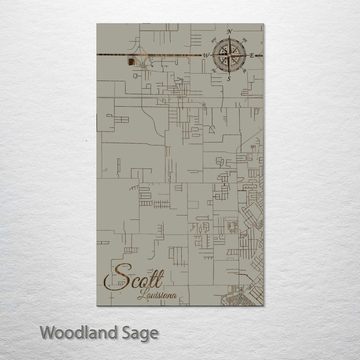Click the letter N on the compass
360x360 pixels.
pos(229,32)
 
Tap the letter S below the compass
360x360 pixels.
pos(229,78)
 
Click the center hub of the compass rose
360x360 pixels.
pos(229,55)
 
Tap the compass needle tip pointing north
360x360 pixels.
pos(229,38)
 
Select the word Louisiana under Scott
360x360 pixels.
pos(156,295)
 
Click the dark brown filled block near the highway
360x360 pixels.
pos(131,61)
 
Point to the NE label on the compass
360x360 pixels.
pos(244,39)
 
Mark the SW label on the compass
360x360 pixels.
pos(214,71)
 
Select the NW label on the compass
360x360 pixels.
pos(214,39)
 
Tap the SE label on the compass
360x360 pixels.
pos(244,71)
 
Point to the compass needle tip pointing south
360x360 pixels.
pos(229,72)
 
